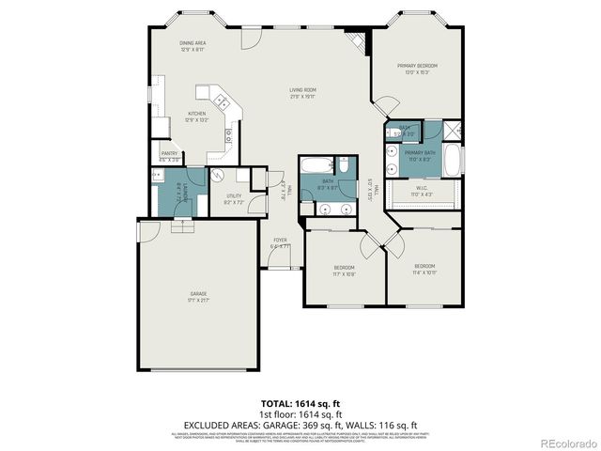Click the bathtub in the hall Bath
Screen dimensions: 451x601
(x=328, y=165)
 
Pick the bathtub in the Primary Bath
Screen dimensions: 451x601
(x=452, y=159)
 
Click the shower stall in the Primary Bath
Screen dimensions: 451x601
(x=452, y=131)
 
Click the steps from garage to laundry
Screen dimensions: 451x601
(x=183, y=225)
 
